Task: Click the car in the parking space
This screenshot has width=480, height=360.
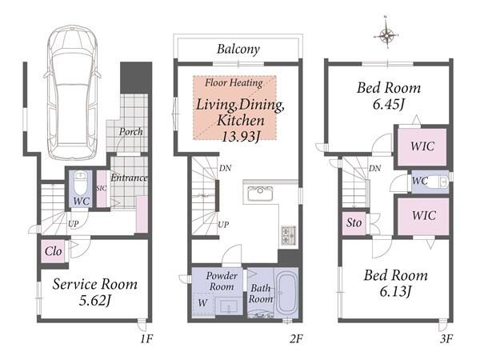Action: (73, 92)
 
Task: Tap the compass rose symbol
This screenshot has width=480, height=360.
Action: (386, 35)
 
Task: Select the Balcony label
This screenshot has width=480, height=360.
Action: (238, 49)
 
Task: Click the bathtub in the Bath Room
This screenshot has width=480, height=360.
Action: (285, 292)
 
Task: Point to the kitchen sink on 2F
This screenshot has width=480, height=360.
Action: (259, 194)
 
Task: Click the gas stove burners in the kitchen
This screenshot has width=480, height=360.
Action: (288, 235)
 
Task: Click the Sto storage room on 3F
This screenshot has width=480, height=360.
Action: (354, 222)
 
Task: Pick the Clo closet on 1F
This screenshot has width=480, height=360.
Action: (54, 251)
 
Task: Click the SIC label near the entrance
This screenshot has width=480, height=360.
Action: (102, 188)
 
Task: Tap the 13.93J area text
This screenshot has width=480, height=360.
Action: (240, 136)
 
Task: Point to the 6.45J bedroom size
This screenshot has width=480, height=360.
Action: (388, 104)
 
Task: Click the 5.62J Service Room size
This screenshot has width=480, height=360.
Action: (94, 300)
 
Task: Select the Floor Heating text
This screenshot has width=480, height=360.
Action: (234, 82)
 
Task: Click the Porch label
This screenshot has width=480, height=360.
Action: (130, 132)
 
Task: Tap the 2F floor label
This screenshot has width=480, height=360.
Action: (296, 339)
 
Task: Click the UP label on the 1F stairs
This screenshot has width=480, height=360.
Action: (73, 224)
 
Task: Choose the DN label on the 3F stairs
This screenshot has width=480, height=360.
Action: (374, 168)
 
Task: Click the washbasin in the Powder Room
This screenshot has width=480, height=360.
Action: (230, 306)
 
